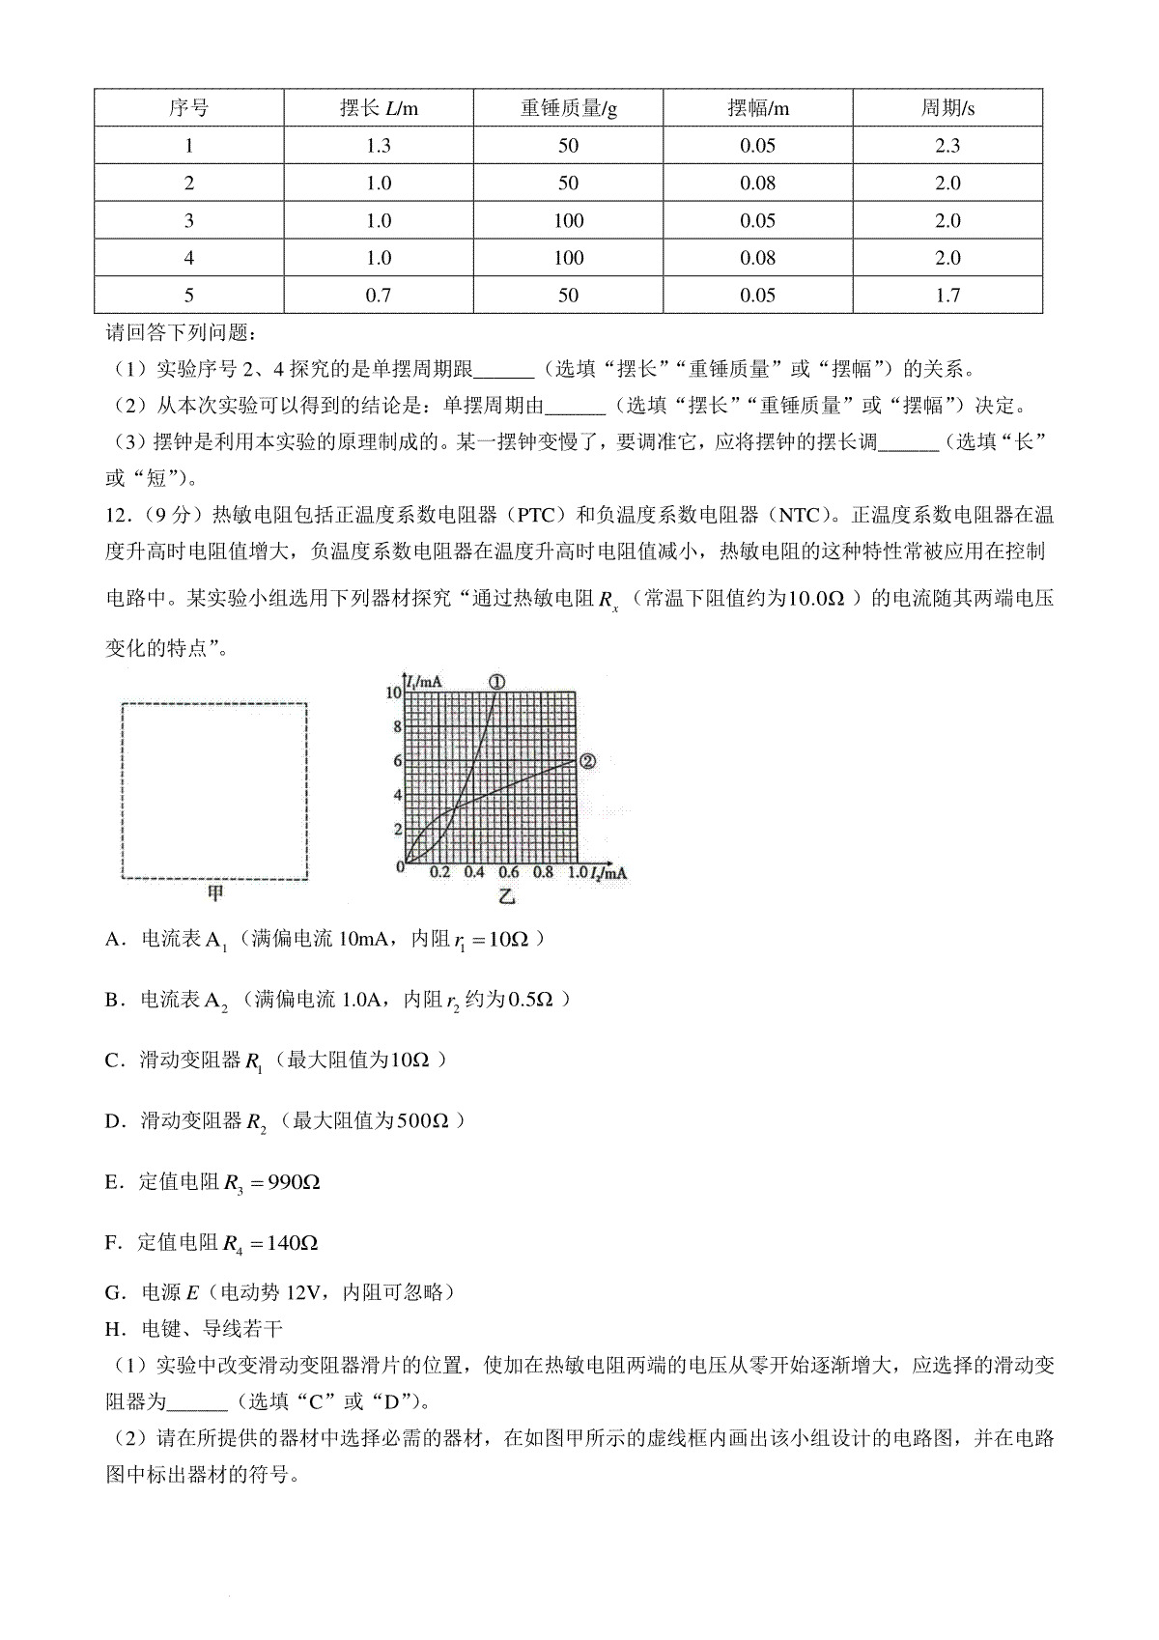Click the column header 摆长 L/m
[379, 108]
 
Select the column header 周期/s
[947, 108]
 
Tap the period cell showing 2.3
[947, 146]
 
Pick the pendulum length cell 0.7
[379, 296]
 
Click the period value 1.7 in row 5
[947, 296]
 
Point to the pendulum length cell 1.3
[379, 146]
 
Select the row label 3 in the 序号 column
[189, 221]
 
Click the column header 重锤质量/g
[568, 108]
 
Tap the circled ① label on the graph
[496, 682]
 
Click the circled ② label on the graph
[587, 761]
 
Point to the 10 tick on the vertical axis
[393, 693]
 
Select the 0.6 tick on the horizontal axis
[508, 872]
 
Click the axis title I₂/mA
[608, 873]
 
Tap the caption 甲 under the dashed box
[213, 893]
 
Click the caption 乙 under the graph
[506, 897]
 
